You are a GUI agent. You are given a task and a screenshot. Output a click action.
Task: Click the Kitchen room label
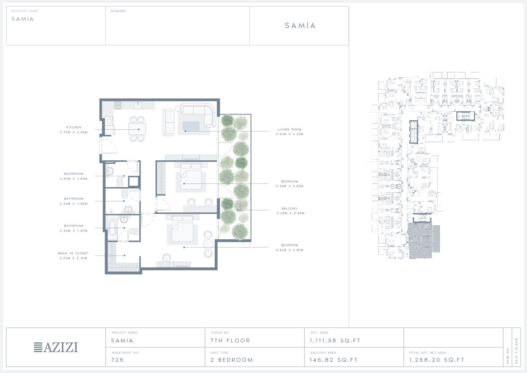(x=73, y=127)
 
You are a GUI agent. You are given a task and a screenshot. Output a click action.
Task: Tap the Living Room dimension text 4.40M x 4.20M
(x=289, y=134)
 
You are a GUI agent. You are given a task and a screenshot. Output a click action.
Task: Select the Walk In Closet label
(x=73, y=253)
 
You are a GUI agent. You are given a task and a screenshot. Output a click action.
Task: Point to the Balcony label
(x=289, y=208)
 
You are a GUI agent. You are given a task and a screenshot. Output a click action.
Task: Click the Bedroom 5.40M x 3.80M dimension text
(x=289, y=250)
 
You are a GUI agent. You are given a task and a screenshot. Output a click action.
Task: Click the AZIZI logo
(x=56, y=347)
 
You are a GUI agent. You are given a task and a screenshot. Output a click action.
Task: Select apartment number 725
(x=117, y=360)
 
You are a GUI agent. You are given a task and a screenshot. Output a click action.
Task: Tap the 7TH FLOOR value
(x=230, y=341)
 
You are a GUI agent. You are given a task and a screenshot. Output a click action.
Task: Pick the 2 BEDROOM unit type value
(x=232, y=360)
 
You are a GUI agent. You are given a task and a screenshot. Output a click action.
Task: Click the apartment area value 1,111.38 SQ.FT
(x=335, y=341)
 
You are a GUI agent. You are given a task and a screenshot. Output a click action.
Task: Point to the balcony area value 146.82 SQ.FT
(x=334, y=360)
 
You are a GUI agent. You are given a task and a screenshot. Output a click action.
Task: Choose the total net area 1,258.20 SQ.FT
(x=437, y=360)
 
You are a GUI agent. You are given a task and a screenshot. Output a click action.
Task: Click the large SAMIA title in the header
(x=300, y=25)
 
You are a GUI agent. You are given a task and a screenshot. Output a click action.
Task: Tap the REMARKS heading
(x=118, y=11)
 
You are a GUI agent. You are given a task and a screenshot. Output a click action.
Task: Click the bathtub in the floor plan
(x=112, y=227)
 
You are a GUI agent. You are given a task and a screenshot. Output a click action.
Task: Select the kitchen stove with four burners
(x=118, y=105)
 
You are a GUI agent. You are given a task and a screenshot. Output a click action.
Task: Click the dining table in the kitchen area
(x=137, y=129)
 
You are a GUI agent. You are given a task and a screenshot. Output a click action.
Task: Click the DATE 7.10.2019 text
(x=517, y=351)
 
